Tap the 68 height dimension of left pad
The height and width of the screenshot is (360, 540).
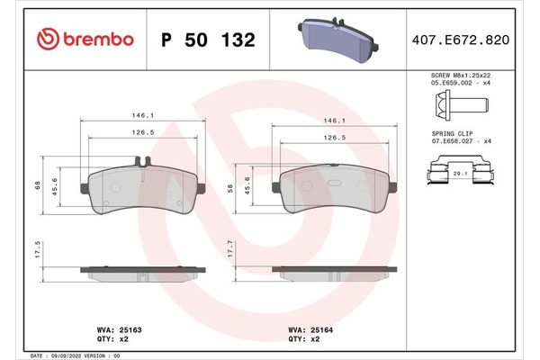[x=38, y=186]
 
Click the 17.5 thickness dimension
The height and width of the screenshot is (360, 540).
[x=38, y=248]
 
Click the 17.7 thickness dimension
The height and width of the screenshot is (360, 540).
[x=232, y=248]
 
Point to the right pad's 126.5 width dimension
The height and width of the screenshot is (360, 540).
[x=335, y=138]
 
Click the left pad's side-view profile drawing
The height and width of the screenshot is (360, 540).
[x=145, y=271]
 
